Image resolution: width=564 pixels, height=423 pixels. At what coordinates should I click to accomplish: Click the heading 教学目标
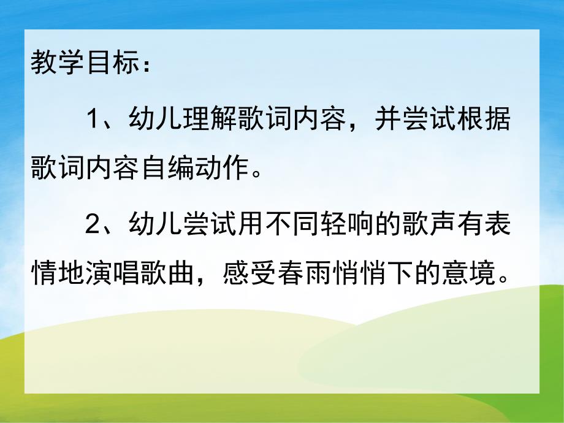click(x=82, y=64)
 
